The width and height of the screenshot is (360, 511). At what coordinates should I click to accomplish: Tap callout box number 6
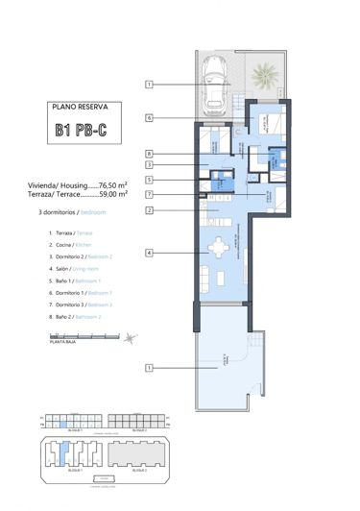(x=151, y=118)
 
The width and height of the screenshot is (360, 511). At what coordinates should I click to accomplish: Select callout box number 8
(x=151, y=153)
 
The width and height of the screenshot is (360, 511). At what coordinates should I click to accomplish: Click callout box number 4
(x=151, y=253)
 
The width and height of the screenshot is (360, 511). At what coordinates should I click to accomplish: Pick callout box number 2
(x=151, y=210)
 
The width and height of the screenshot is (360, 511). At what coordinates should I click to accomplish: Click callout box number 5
(x=151, y=180)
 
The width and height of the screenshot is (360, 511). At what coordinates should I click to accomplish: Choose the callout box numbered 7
(x=151, y=195)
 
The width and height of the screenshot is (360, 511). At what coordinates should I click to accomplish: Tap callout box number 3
(x=151, y=165)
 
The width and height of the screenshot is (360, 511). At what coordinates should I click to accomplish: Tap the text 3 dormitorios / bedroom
(x=72, y=211)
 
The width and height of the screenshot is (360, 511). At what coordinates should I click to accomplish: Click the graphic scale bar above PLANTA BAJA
(x=77, y=337)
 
